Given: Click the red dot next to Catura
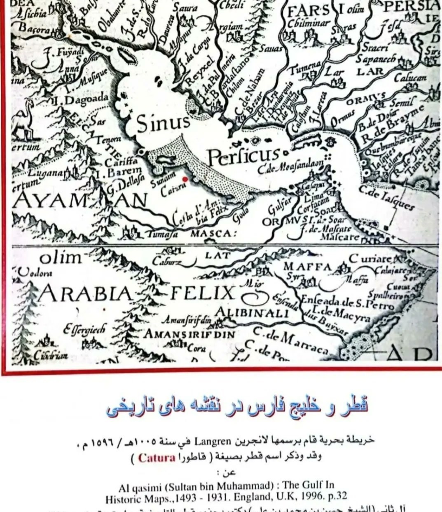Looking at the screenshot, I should (x=185, y=179).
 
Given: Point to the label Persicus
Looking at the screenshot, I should (x=243, y=156).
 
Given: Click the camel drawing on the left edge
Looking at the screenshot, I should (x=22, y=122).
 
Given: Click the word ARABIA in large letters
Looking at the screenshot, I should (x=86, y=294).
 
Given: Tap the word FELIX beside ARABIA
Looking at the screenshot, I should (x=202, y=294).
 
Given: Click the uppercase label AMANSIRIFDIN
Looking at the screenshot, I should (x=189, y=334).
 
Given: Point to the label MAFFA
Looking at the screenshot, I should (x=307, y=267).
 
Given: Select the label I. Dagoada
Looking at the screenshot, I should (x=82, y=99).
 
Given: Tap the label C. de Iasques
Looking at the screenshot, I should (x=386, y=197).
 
